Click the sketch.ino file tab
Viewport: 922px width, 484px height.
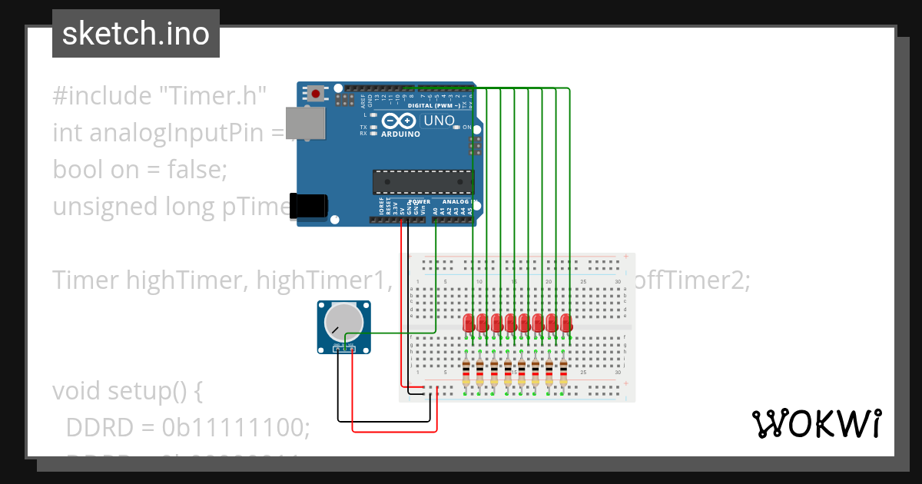tap(135, 34)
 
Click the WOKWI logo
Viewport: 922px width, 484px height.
tap(816, 423)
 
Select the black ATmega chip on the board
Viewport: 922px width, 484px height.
tap(422, 181)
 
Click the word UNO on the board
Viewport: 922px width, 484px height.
tap(439, 121)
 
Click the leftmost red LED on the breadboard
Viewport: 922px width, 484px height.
tap(469, 323)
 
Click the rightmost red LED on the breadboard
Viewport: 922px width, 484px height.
tap(566, 323)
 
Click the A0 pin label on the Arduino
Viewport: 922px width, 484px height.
tap(436, 209)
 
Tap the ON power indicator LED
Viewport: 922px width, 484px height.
tap(457, 128)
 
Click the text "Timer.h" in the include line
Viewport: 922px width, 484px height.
tap(212, 96)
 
